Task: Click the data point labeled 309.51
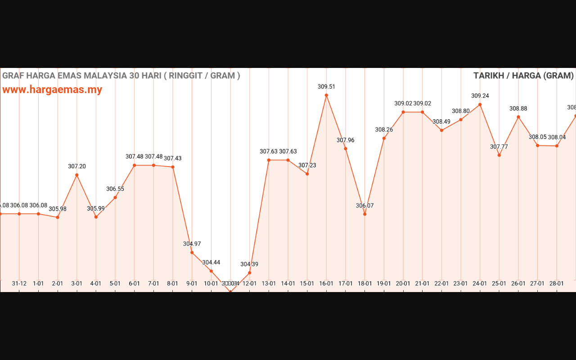pos(326,95)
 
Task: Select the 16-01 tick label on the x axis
pos(326,283)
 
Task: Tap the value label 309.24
pos(480,96)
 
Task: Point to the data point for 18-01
pos(364,214)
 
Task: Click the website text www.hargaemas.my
pos(52,90)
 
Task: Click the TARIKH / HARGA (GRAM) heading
pos(523,76)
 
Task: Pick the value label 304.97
pos(192,244)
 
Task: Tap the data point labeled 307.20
pos(77,175)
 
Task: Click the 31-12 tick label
pos(19,283)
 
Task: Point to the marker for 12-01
pos(249,273)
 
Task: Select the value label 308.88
pos(518,108)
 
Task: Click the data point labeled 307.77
pos(499,155)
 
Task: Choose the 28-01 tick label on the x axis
pos(557,283)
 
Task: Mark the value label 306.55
pos(115,189)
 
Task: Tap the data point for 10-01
pos(211,271)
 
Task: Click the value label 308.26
pos(384,130)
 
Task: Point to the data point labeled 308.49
pos(441,130)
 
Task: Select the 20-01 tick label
pos(403,283)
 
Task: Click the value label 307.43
pos(173,158)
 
